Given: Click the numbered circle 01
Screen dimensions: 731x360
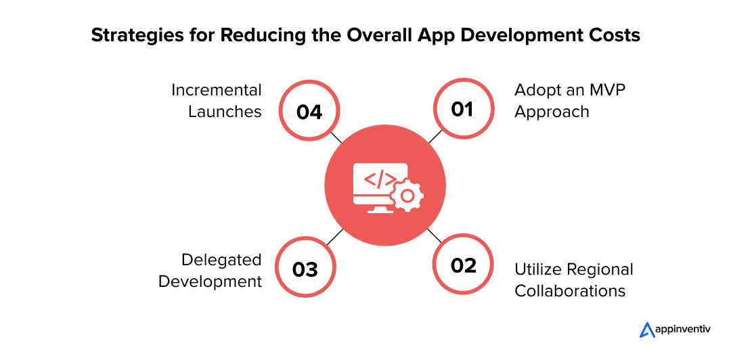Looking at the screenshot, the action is pos(464,109).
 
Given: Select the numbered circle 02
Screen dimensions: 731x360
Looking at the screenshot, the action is pos(464,265).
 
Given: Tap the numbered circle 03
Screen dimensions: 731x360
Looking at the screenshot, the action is pos(305,267).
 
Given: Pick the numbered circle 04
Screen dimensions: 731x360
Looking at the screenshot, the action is pos(309,111).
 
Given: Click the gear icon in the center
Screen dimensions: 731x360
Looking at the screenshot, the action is pos(407,196).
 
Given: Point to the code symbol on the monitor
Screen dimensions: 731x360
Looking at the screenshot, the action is pos(380,179).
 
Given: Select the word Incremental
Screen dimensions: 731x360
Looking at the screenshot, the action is pos(217,90).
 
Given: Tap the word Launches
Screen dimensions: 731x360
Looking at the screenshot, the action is pos(225,112).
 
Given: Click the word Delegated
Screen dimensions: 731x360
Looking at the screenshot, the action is pos(221,261).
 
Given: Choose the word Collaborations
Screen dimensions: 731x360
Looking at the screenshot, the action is pos(570,291).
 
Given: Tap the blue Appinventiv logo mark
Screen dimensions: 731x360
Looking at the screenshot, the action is pos(647,330).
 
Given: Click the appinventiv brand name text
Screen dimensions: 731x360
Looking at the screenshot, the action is pos(683,330).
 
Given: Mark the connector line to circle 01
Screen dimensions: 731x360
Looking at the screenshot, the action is pos(435,136).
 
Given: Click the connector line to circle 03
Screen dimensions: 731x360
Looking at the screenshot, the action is pos(335,237).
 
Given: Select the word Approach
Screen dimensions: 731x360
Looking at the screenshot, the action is pos(552,112).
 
